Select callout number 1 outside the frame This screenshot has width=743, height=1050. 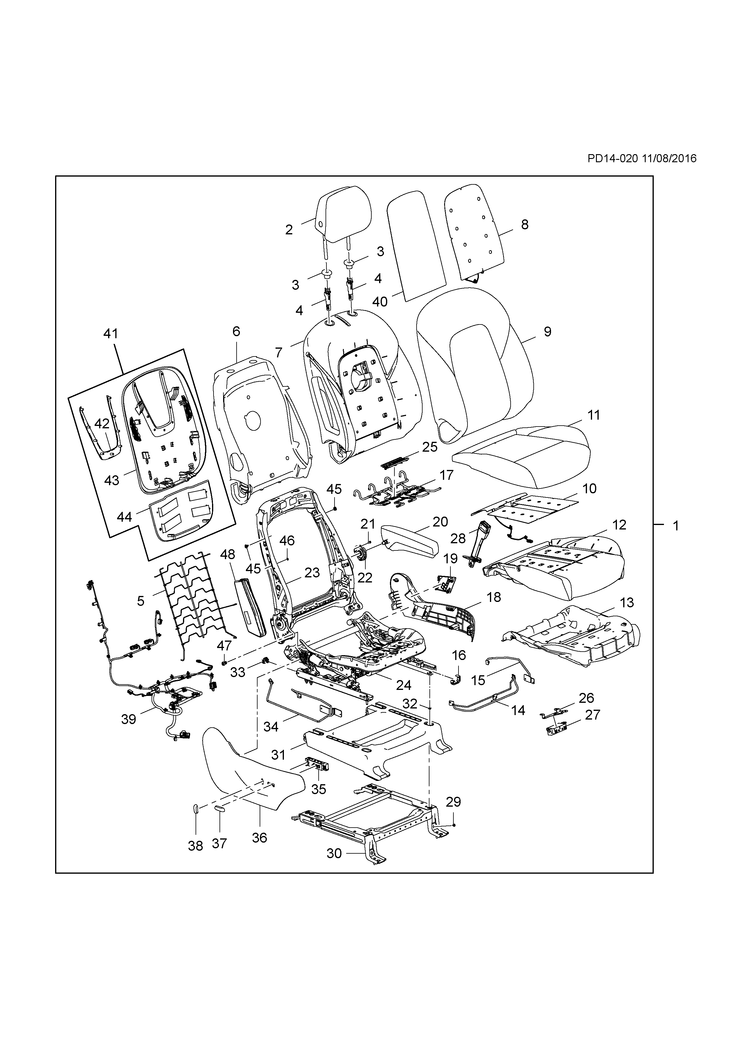[x=675, y=526]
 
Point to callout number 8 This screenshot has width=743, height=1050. [x=524, y=224]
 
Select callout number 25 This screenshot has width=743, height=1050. [x=430, y=447]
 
